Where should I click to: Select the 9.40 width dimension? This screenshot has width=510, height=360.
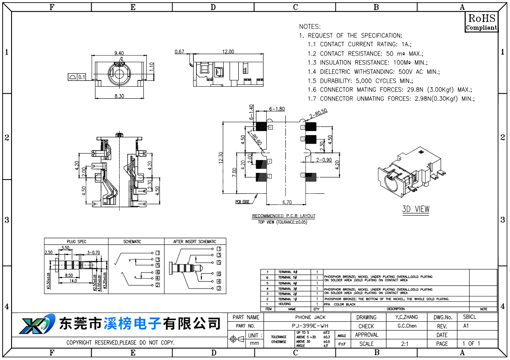tap(119, 53)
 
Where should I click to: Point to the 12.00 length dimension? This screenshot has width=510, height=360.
tap(228, 52)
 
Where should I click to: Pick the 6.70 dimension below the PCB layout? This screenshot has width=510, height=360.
tap(287, 202)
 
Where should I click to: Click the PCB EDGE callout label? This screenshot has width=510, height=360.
tap(242, 202)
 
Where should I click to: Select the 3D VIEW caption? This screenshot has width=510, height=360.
tap(416, 209)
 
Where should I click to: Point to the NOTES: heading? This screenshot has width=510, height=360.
tap(310, 27)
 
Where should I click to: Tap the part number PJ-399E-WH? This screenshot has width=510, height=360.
tap(310, 326)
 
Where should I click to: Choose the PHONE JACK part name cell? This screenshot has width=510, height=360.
tap(310, 317)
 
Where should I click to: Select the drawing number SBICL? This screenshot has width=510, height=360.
tap(469, 317)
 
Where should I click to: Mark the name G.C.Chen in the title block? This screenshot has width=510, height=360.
tap(407, 326)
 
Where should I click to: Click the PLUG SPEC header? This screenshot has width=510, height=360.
tap(76, 242)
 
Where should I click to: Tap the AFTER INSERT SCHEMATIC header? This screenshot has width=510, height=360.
tap(195, 242)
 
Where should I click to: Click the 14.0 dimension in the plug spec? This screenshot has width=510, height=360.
tap(73, 281)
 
